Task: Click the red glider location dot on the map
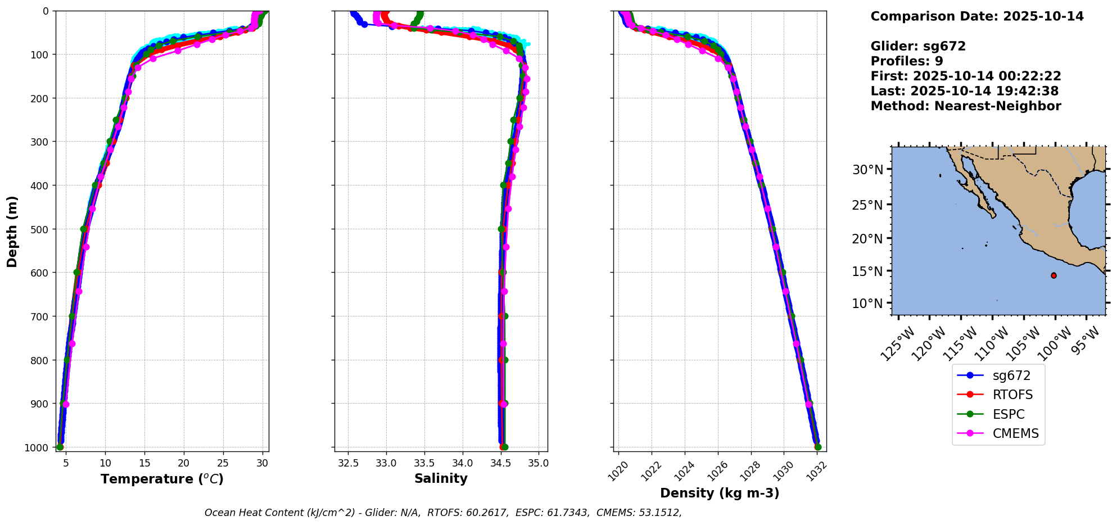(x=1054, y=275)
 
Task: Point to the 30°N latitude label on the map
(x=867, y=170)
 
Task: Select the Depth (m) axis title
(x=12, y=231)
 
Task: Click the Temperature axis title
(x=162, y=479)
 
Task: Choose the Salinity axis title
(x=441, y=478)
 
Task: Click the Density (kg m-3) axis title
(x=720, y=493)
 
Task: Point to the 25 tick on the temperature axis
(x=223, y=463)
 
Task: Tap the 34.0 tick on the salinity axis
(x=463, y=463)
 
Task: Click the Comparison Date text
(x=977, y=16)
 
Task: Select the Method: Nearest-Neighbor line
(x=965, y=106)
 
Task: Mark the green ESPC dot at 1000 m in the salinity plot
(x=504, y=447)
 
